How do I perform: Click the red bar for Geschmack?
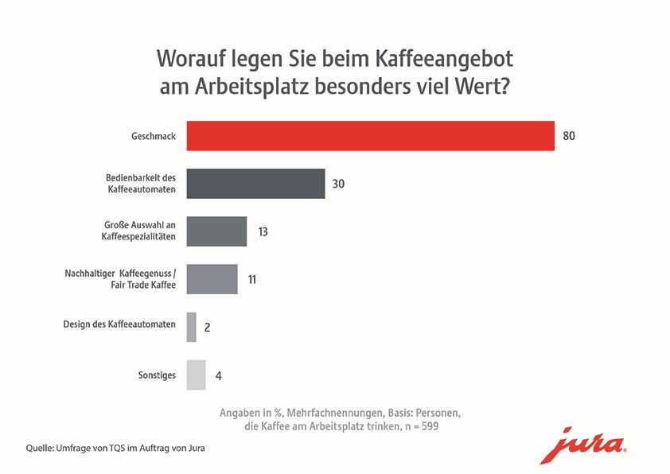coord(370,136)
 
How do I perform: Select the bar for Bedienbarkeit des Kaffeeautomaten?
coord(255,184)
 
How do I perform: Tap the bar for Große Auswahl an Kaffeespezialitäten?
coord(216,231)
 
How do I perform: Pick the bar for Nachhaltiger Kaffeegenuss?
coord(212,279)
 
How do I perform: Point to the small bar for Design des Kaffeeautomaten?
coord(191,327)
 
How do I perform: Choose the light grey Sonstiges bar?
coord(196,375)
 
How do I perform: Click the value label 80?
coord(568,136)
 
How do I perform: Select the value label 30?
coord(338,184)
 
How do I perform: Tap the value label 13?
coord(263,232)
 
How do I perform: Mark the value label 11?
coord(251,280)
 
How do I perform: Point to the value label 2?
coord(207,327)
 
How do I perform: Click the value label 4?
coord(218,375)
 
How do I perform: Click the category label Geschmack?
coord(154,137)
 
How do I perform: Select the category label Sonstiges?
coord(157,375)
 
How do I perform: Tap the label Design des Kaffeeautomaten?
coord(119,324)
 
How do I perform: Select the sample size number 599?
coord(428,427)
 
